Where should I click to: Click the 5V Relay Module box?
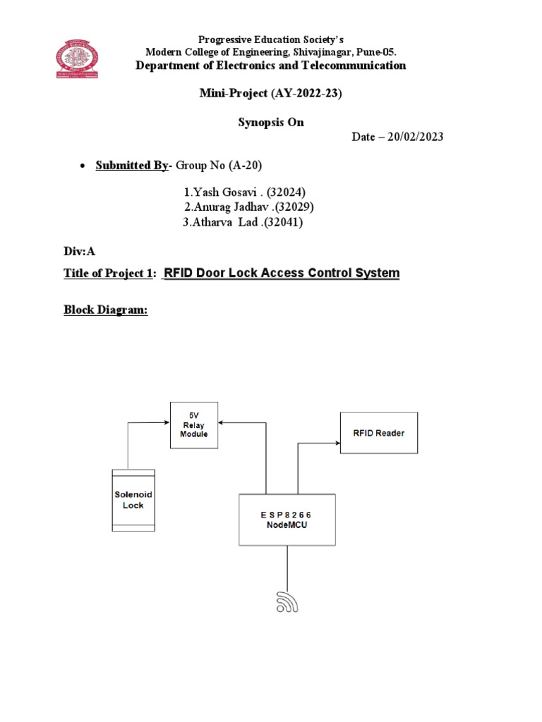[193, 424]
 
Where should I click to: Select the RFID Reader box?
[378, 433]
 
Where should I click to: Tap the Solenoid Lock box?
[133, 500]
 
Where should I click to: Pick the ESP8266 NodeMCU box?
[287, 520]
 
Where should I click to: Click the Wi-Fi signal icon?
[286, 600]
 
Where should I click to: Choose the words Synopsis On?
[271, 122]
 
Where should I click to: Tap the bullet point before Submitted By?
[82, 166]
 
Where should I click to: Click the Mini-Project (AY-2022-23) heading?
[271, 93]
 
